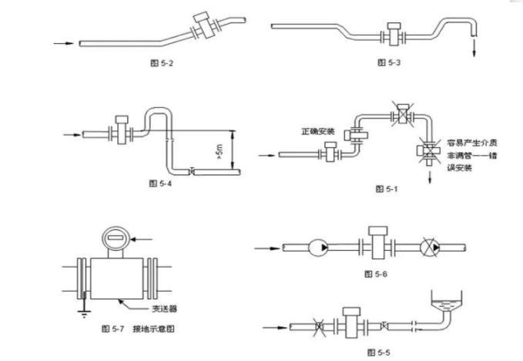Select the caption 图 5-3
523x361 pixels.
(389, 62)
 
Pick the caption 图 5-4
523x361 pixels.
(158, 184)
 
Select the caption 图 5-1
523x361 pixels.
(386, 188)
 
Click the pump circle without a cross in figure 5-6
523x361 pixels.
(317, 249)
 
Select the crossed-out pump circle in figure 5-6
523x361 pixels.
(431, 249)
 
